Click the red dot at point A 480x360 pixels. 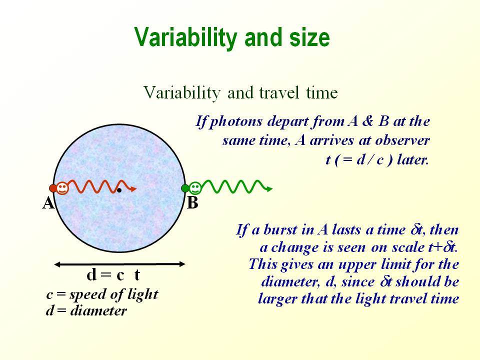[x=53, y=188]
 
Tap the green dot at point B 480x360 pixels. [x=185, y=188]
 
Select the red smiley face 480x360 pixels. [x=62, y=188]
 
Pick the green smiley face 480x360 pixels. [x=195, y=188]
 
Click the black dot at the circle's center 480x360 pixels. [x=119, y=190]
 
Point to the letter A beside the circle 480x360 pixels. [x=48, y=203]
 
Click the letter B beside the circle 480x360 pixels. [x=192, y=203]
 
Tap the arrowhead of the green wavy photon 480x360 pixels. [x=269, y=189]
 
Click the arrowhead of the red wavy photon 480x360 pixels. [x=133, y=189]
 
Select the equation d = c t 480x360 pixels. [x=113, y=274]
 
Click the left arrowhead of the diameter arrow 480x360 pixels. [x=57, y=264]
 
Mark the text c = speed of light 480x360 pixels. [x=102, y=294]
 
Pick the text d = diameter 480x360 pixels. [x=86, y=310]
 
